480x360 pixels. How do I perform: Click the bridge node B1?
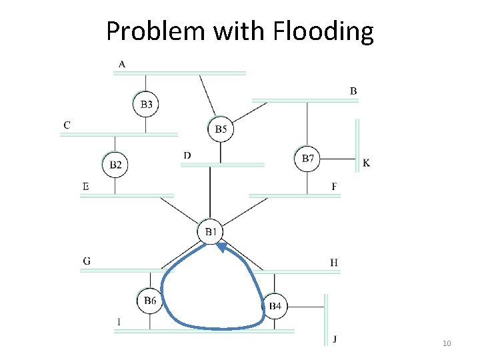[x=211, y=232]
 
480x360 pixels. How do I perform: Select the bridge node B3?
[x=146, y=104]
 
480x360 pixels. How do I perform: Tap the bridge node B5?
[x=221, y=129]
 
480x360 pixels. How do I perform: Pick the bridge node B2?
[x=115, y=164]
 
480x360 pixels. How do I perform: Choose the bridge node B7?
[x=307, y=159]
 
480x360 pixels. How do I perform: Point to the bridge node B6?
[x=150, y=301]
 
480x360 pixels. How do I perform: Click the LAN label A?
[x=121, y=64]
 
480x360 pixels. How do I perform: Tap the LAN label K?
[x=367, y=163]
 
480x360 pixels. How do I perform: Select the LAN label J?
[x=335, y=339]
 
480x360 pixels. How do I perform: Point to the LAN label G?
[x=87, y=261]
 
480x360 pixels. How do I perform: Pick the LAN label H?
[x=333, y=263]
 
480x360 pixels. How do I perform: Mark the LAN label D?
[x=187, y=156]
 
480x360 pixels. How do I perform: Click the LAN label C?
[x=67, y=125]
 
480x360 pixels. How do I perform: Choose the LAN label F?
[x=334, y=186]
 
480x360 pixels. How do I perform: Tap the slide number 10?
[x=447, y=343]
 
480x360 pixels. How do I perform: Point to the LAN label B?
[x=353, y=91]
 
